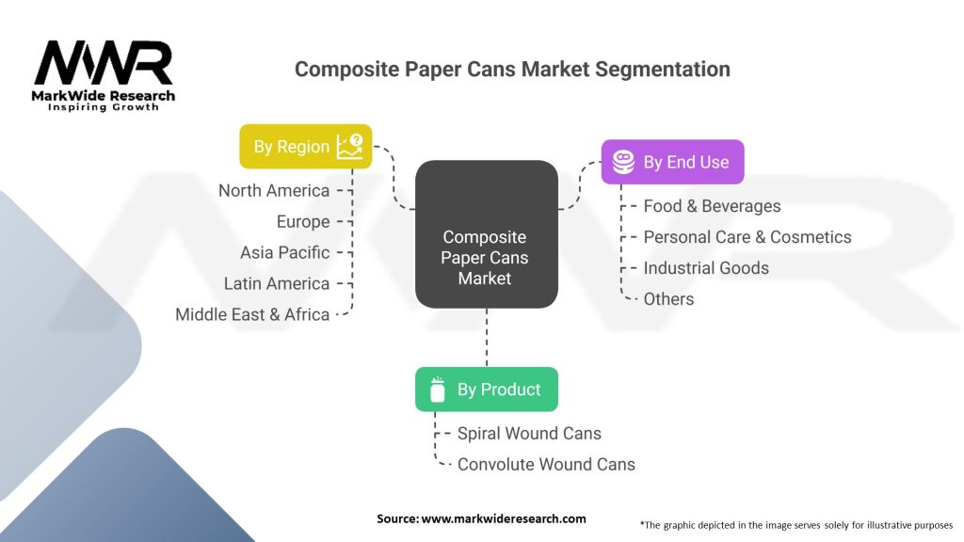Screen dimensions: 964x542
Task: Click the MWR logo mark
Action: coord(104,63)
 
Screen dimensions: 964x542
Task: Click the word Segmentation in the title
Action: coord(663,70)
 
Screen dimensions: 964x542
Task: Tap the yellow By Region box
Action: coord(306,146)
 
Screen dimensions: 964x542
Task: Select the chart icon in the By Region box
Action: coord(350,146)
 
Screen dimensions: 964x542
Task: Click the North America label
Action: coord(274,190)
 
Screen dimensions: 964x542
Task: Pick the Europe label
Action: coord(303,221)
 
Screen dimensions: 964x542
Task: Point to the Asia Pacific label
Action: coord(284,252)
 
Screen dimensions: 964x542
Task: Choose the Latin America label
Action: coord(277,283)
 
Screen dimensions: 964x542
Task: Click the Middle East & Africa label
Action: coord(252,314)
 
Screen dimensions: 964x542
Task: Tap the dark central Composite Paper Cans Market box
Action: coord(487,234)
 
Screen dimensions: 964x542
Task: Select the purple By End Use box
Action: coord(672,162)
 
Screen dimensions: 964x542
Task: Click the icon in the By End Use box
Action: coord(623,162)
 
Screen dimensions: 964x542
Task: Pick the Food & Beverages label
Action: coord(712,206)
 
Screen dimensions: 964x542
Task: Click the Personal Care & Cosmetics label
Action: coord(747,237)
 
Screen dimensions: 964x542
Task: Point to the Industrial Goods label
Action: coord(706,268)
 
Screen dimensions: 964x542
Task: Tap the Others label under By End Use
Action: coord(668,299)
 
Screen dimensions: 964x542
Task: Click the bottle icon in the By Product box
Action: coord(437,390)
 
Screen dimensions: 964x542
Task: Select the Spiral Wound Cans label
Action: coord(529,433)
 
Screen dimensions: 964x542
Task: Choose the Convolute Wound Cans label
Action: coord(546,465)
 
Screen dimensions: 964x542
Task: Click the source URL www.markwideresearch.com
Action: coord(504,518)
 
